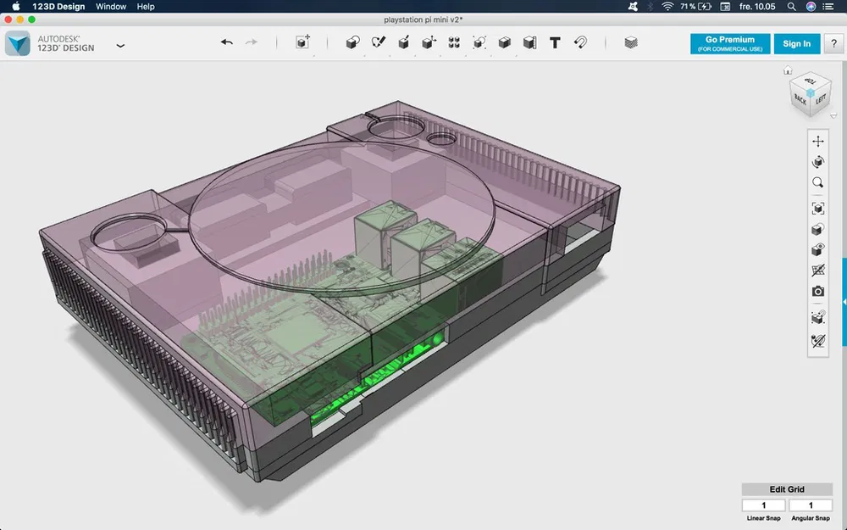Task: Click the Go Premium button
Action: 729,43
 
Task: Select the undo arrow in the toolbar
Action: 226,42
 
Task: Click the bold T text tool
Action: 555,42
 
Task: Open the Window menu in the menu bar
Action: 111,7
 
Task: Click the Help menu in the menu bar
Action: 146,7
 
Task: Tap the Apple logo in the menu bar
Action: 15,7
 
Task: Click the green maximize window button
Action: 32,20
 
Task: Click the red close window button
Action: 8,20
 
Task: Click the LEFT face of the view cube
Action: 820,100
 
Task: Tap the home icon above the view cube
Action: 788,70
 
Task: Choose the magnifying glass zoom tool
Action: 817,182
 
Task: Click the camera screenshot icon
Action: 817,292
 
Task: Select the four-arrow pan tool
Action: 817,141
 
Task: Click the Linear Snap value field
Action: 762,505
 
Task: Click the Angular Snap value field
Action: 810,505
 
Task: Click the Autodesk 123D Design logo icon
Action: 18,43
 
